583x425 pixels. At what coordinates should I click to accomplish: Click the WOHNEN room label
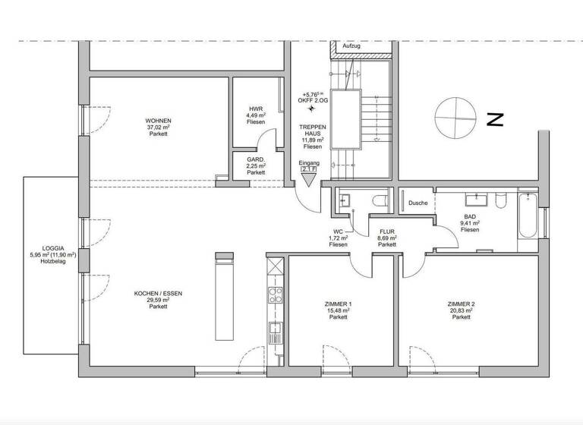click(158, 121)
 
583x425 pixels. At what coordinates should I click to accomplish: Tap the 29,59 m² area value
click(158, 300)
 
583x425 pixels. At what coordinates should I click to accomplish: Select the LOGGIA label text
click(53, 248)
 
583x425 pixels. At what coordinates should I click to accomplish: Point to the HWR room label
click(256, 109)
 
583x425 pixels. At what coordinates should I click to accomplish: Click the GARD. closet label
click(256, 159)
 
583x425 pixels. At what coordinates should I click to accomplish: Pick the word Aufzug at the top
click(351, 46)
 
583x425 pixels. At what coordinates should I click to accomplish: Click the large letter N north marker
click(496, 119)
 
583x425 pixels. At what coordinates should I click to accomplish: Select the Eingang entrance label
click(309, 163)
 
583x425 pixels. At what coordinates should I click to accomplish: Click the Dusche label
click(418, 203)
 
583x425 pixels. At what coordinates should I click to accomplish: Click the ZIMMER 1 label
click(339, 303)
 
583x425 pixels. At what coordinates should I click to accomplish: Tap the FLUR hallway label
click(387, 231)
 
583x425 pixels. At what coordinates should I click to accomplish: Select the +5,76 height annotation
click(312, 94)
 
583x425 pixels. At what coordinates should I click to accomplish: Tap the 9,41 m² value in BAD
click(471, 223)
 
